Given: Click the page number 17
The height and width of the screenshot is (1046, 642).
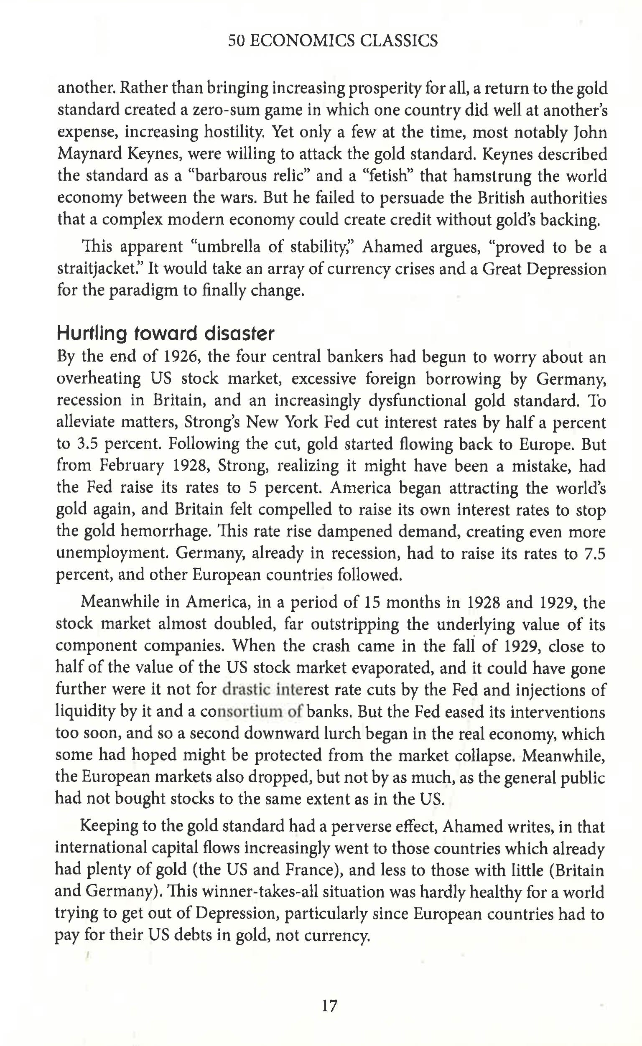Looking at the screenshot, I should [x=329, y=1005].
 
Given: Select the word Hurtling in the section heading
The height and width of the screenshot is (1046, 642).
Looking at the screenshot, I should [x=92, y=334].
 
